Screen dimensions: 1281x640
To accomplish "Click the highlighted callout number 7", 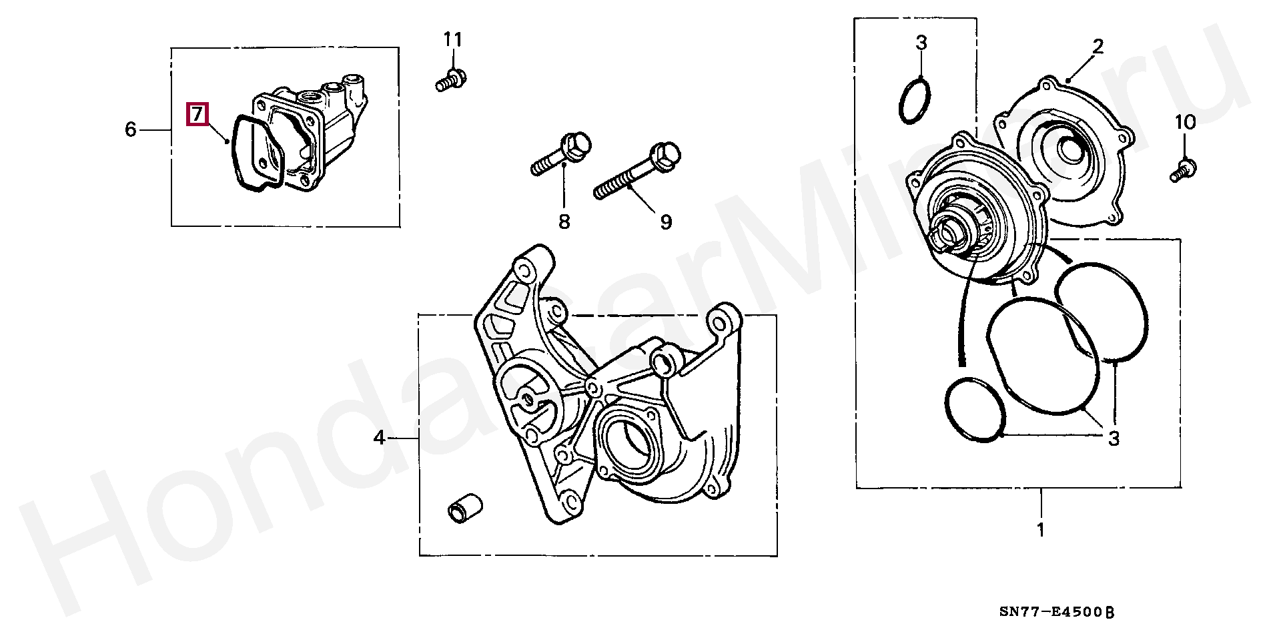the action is [197, 114].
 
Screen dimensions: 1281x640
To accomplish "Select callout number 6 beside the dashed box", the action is [131, 129].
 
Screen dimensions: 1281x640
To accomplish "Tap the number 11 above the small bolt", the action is [453, 40].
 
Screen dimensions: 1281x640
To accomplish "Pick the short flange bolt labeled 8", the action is [562, 154].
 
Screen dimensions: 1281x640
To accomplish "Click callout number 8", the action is [564, 221].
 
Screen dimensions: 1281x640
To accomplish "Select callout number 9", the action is [665, 222].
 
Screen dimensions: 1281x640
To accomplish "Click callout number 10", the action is [1185, 123].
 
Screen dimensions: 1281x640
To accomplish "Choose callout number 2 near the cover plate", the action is [1098, 46].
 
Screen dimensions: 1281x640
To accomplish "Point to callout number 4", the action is [379, 438].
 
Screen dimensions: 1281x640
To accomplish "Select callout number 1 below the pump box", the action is [1040, 531].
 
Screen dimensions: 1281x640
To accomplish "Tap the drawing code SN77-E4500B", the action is [1057, 613].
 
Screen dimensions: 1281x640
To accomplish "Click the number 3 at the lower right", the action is [1114, 438].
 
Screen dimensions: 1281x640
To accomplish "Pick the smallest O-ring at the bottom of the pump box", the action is [975, 410].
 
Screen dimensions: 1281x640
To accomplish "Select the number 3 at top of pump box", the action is [921, 43].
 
